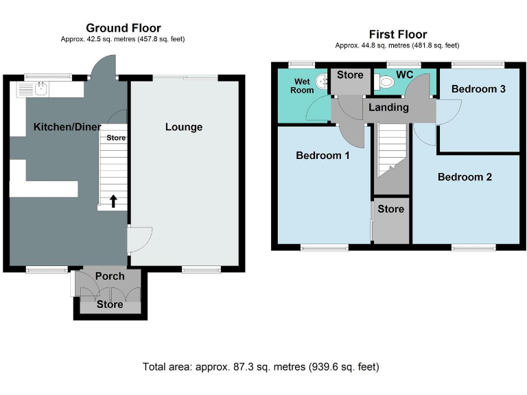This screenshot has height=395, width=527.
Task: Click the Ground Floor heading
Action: point(123,28)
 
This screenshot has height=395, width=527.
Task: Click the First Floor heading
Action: point(397,34)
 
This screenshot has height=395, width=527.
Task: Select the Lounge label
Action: point(184,127)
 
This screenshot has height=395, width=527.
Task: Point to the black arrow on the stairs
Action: point(114,201)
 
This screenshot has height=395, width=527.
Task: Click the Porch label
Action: point(110,276)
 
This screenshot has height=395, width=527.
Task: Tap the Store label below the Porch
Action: point(110,304)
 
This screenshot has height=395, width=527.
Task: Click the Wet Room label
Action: point(302,86)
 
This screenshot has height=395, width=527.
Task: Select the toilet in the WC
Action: point(386,83)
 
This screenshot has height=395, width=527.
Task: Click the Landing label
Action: point(388,107)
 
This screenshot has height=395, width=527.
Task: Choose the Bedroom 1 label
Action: point(323,156)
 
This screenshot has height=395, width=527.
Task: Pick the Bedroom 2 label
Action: point(465,177)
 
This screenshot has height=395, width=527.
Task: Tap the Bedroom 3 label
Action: point(478,89)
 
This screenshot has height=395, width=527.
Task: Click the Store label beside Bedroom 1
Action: point(391,209)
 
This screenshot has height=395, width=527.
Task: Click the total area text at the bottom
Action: point(260,367)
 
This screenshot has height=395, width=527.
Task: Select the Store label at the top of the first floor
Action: point(350,75)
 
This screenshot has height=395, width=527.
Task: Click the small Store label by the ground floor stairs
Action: point(115,138)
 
